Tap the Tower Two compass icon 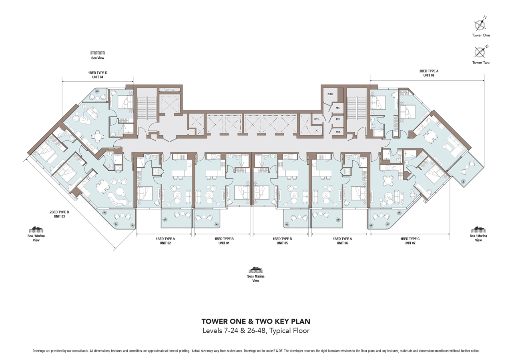480,52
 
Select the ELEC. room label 330,94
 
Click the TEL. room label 338,108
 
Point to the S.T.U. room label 316,119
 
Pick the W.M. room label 338,132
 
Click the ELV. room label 338,119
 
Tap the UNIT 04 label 98,77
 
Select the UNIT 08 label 429,75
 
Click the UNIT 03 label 60,216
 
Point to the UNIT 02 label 165,243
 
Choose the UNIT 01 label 224,243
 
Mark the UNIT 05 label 282,243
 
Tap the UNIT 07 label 410,243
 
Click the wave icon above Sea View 98,53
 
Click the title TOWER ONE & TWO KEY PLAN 256,321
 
